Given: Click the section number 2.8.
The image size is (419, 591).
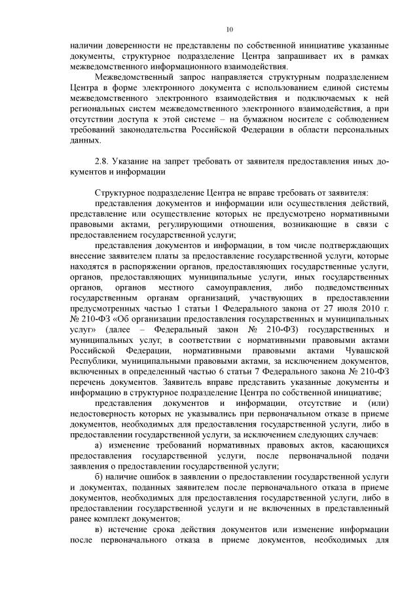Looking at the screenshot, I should [x=102, y=161].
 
